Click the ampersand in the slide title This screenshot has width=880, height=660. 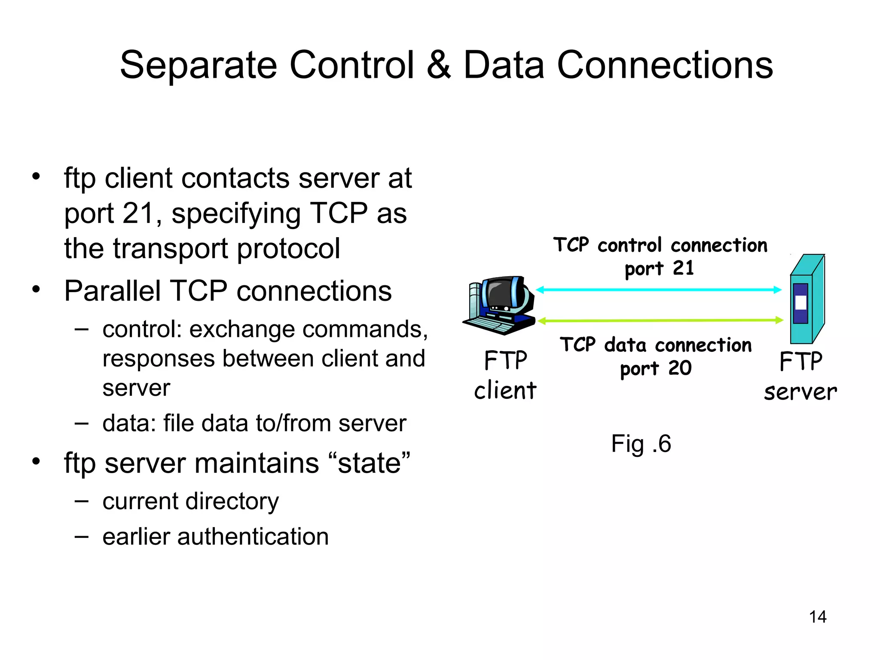coord(439,65)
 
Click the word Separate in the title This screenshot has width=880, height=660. coord(198,65)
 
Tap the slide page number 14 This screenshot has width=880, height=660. coord(817,617)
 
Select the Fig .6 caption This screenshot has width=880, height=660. coord(641,444)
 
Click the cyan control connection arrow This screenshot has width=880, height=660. coord(658,290)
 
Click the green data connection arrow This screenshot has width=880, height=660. coord(660,320)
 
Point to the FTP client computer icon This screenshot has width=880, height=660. coord(500,305)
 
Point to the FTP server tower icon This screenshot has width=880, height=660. coord(807,299)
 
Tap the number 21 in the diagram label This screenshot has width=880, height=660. coord(683,268)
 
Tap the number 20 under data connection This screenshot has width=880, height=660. coord(680,368)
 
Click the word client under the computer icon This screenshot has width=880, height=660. coord(505,391)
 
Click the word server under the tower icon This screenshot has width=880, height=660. coord(800,392)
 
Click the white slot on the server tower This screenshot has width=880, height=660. coord(801,302)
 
